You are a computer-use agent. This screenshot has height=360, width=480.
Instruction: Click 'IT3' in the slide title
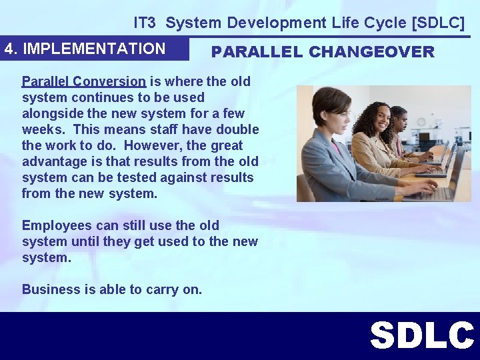[x=145, y=23]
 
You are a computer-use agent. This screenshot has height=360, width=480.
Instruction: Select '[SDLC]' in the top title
[x=439, y=23]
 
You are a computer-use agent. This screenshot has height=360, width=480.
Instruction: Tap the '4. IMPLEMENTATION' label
[x=85, y=49]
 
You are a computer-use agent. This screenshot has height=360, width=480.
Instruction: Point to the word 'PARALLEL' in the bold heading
[x=255, y=52]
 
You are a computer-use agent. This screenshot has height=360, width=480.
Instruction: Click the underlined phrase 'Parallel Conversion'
[x=84, y=81]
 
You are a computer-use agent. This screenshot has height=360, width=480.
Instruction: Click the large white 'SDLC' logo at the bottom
[x=421, y=335]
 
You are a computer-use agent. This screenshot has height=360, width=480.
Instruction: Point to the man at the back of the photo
[x=399, y=121]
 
